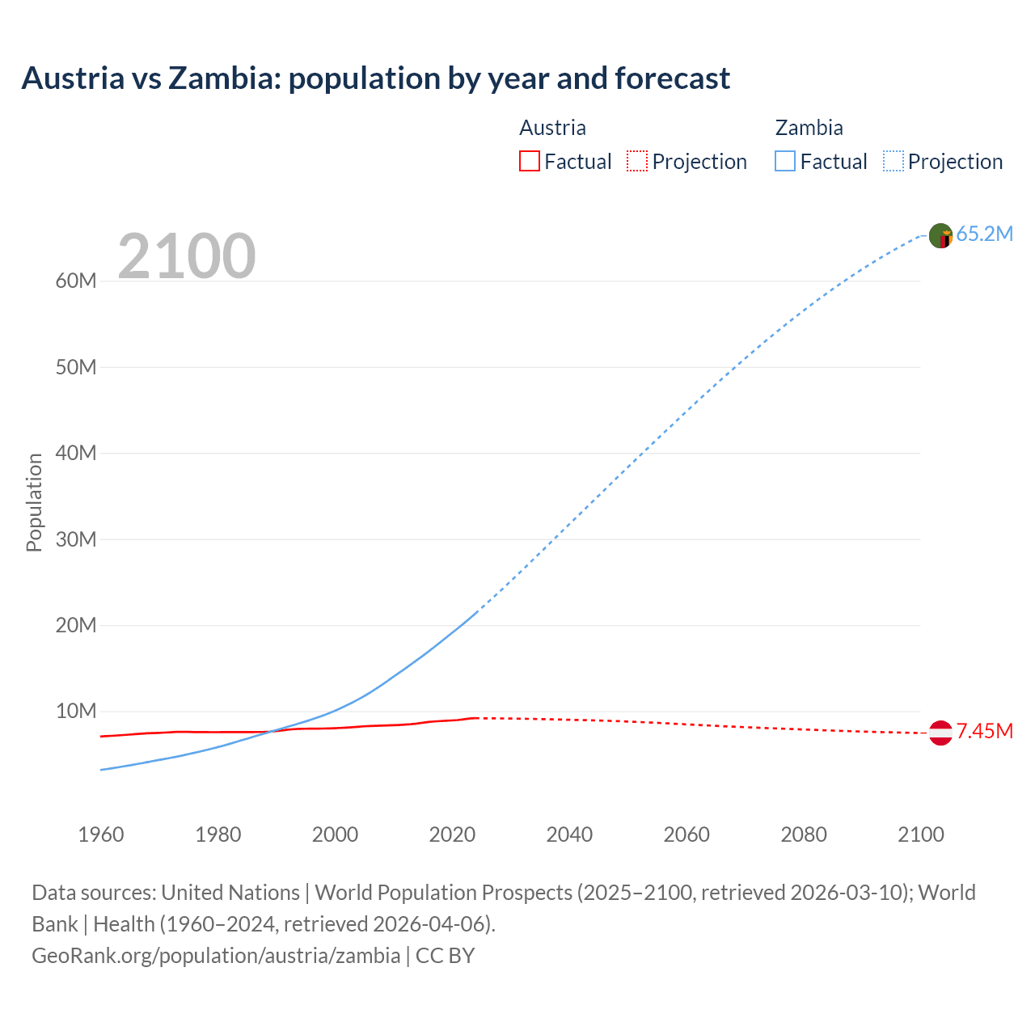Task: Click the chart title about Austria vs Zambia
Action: tap(375, 78)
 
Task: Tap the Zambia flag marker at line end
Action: tap(940, 235)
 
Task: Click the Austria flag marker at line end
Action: tap(940, 733)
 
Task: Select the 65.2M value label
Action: tap(984, 234)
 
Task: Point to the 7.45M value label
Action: tap(984, 732)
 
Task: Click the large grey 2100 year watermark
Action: tap(187, 256)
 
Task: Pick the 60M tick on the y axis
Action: tap(76, 281)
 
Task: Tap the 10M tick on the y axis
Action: tap(76, 712)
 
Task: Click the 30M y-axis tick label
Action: tap(76, 539)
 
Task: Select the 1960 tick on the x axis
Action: tap(101, 834)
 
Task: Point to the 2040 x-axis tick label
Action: tap(569, 834)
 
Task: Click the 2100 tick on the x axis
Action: tap(920, 834)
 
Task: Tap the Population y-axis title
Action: tap(34, 502)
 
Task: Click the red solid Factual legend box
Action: tap(529, 162)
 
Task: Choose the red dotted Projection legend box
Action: tap(637, 162)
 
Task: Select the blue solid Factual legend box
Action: tap(785, 162)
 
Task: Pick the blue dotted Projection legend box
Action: tap(893, 162)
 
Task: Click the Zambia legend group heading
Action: tap(809, 128)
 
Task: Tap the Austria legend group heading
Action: tap(552, 128)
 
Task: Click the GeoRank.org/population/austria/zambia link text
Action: tap(216, 956)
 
